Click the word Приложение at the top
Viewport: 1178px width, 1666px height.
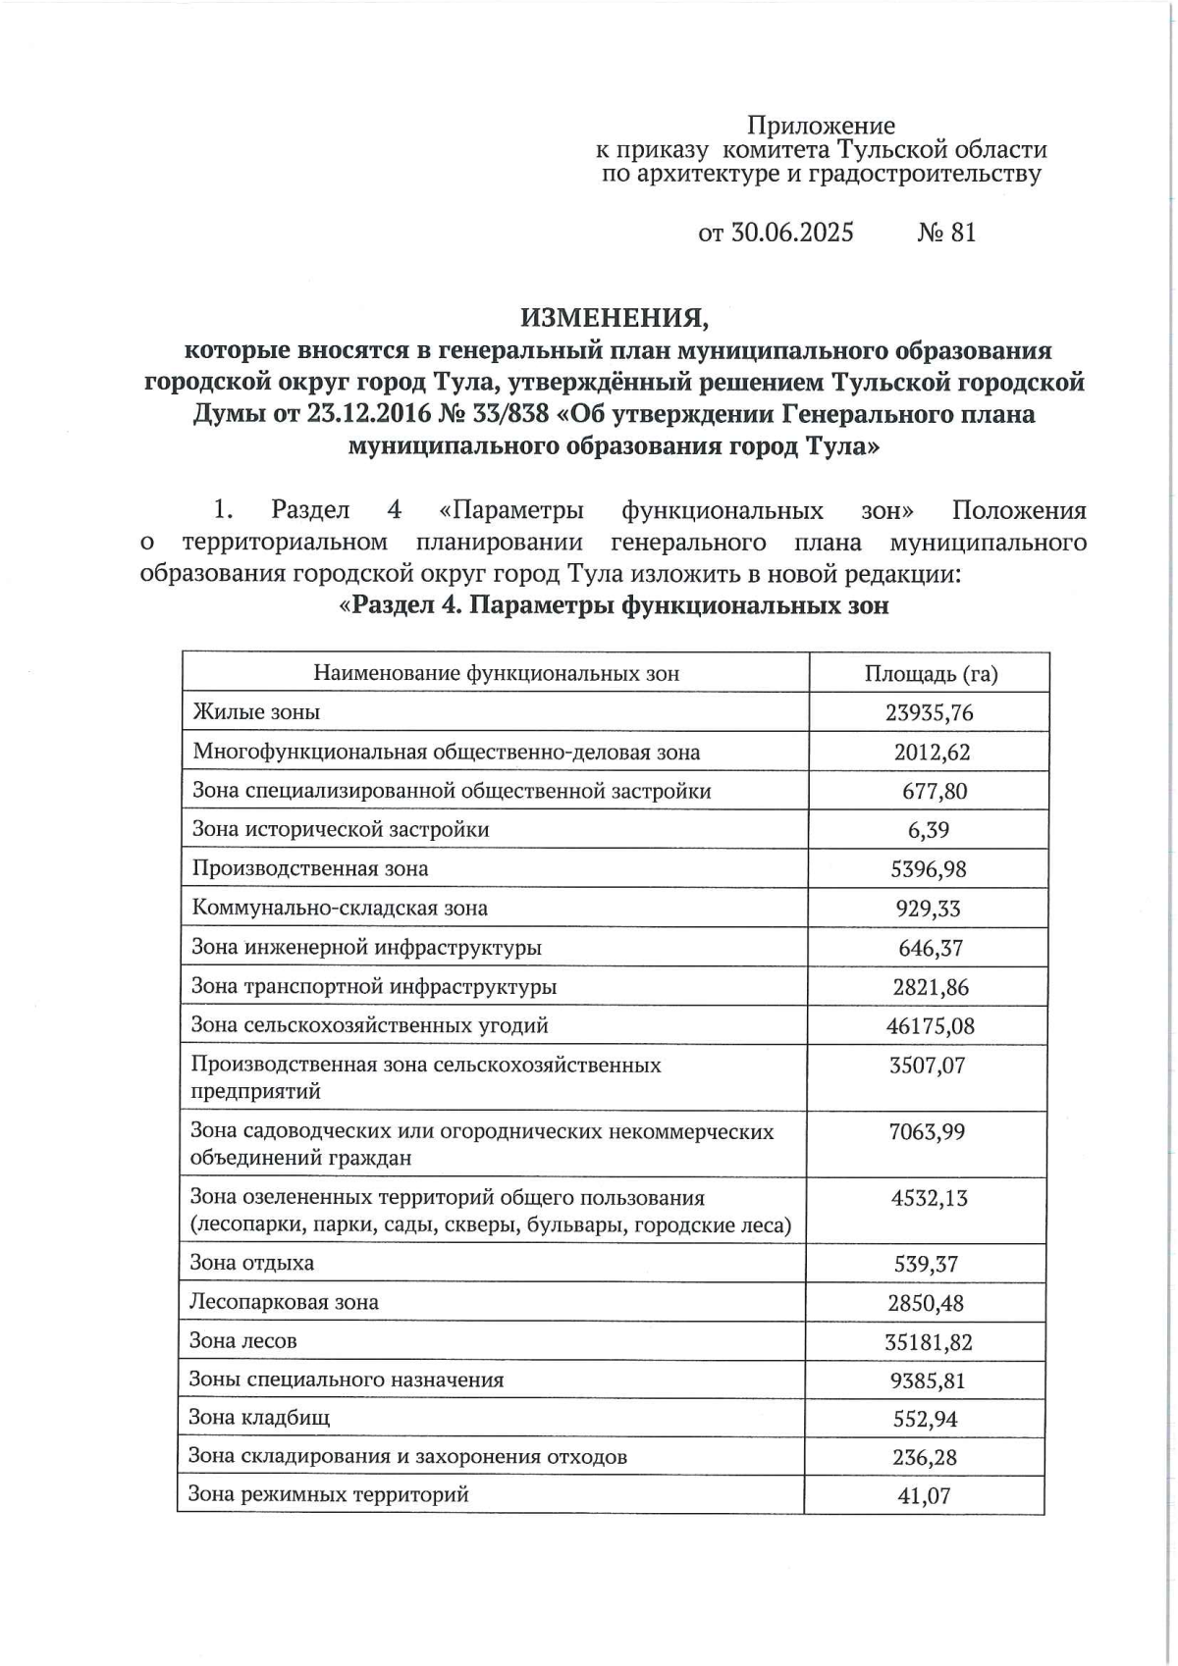coord(821,126)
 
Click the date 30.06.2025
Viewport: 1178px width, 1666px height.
coord(791,233)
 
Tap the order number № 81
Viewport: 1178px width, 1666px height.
coord(946,233)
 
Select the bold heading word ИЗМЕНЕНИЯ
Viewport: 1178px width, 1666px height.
coord(614,318)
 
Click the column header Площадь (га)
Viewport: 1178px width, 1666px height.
coord(931,673)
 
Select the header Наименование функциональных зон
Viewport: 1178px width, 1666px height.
coord(496,673)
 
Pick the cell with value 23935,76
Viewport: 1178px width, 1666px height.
coord(929,712)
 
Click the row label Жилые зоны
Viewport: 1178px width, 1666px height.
coord(256,712)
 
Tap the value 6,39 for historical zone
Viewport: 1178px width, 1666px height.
coord(929,830)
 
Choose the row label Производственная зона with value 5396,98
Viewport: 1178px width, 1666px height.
coord(310,869)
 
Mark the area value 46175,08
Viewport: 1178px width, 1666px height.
coord(929,1026)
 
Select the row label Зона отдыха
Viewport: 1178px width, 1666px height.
coord(252,1264)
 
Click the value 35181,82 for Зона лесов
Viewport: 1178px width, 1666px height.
coord(928,1342)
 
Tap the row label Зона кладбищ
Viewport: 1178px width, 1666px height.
coord(259,1419)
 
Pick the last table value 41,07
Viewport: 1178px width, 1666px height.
coord(924,1496)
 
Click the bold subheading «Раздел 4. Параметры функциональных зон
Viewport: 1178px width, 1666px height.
coord(614,605)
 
